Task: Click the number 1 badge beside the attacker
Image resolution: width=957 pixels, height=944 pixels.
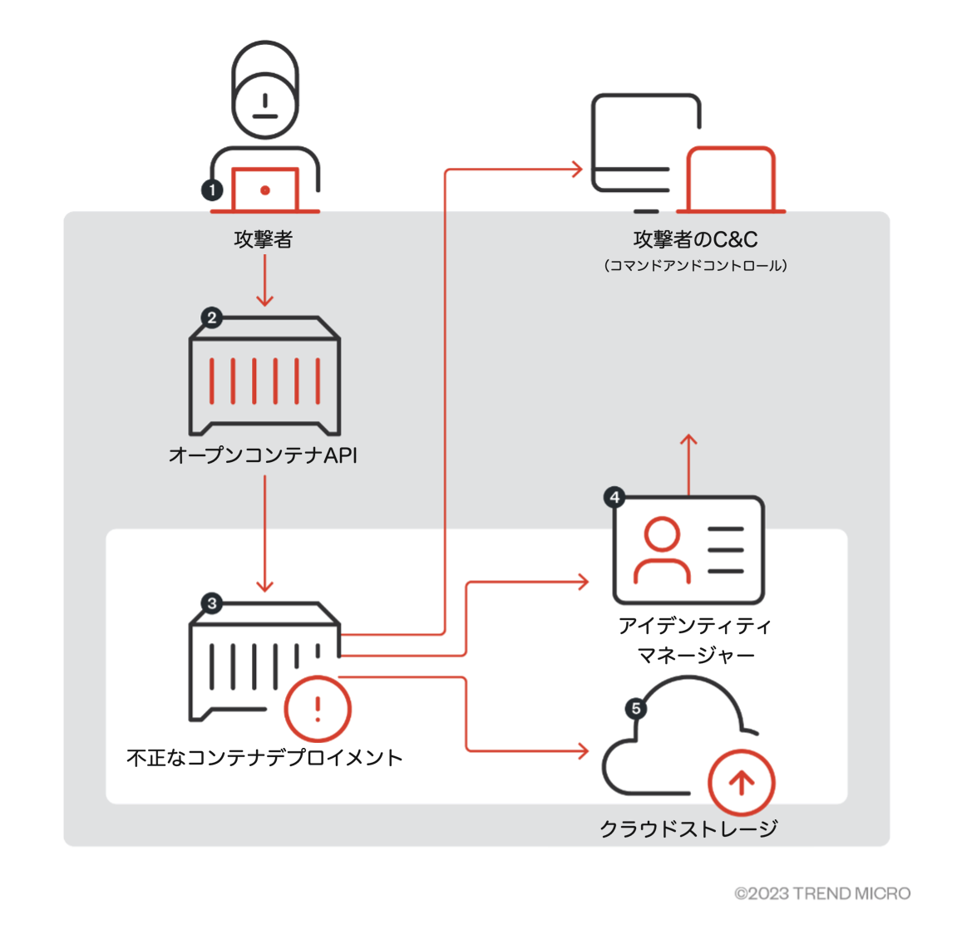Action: point(212,190)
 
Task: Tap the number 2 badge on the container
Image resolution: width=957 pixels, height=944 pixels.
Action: point(212,317)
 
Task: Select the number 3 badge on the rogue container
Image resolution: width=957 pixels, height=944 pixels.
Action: point(212,603)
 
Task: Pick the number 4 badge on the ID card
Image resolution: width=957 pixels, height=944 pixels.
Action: point(614,498)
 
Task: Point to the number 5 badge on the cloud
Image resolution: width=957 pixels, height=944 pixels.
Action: point(636,709)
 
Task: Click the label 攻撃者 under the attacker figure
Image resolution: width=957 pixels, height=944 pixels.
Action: point(264,240)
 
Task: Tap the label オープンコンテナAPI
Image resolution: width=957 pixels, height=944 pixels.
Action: point(264,455)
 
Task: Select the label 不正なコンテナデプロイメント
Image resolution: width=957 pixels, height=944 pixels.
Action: point(264,758)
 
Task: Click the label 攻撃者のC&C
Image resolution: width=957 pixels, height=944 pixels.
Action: point(695,240)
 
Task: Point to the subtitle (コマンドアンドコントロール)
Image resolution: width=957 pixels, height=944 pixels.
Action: point(695,266)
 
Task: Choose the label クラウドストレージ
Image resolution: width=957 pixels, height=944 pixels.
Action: point(688,828)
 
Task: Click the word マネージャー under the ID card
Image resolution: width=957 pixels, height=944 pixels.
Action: point(695,656)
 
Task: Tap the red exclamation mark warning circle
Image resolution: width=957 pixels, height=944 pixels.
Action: point(318,709)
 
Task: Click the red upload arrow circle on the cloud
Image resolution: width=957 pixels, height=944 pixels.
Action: point(742,782)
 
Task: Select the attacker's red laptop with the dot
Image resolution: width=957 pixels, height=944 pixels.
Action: point(264,190)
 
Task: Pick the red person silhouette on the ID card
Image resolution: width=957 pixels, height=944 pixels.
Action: point(662,550)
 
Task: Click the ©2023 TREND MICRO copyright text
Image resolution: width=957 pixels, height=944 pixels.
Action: point(822,894)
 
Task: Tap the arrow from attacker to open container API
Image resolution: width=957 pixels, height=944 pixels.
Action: point(264,281)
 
